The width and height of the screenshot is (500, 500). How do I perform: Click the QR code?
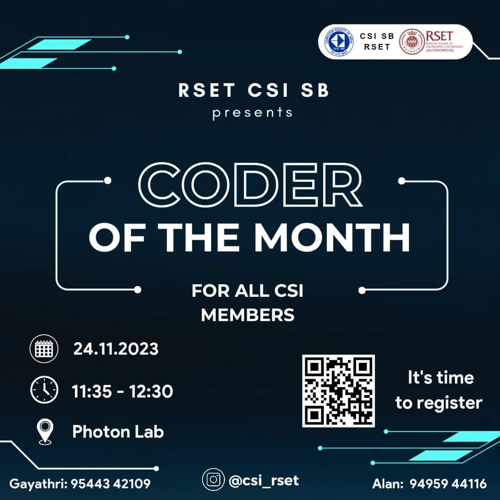click(338, 391)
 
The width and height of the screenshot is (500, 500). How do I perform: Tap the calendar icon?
click(44, 348)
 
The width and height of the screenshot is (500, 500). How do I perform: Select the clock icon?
click(44, 390)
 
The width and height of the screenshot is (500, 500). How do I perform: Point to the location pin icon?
click(45, 432)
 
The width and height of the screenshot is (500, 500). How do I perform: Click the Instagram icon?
click(214, 480)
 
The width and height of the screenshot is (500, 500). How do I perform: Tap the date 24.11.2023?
click(116, 349)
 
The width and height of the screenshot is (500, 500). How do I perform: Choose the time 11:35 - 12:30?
click(122, 392)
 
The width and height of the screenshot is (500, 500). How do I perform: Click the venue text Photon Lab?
click(118, 432)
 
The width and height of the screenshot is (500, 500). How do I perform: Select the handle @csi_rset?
click(264, 480)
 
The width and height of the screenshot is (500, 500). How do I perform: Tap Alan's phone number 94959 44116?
click(448, 484)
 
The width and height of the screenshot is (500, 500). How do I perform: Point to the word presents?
click(252, 112)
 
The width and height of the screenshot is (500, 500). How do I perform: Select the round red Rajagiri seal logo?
click(412, 42)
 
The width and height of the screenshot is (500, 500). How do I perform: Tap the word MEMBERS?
click(248, 315)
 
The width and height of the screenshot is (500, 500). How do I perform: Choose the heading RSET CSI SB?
click(254, 90)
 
